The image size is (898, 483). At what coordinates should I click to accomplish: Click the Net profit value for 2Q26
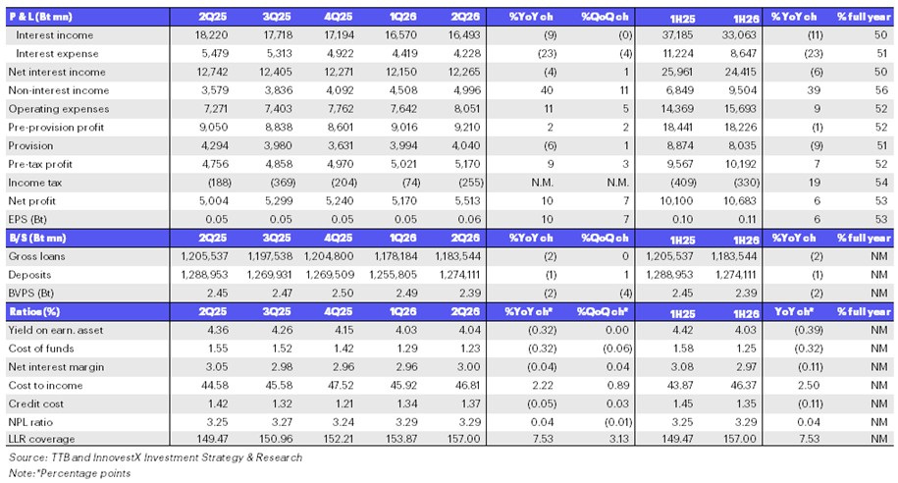click(467, 201)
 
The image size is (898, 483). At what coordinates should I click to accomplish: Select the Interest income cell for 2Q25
click(211, 35)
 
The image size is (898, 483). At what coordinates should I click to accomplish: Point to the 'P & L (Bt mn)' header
click(40, 17)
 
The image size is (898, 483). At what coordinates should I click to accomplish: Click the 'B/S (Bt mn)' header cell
click(38, 238)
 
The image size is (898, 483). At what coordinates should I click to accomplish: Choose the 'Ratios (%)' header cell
click(34, 311)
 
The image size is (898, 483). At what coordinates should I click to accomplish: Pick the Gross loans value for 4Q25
click(329, 256)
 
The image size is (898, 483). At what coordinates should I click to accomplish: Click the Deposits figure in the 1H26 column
click(734, 275)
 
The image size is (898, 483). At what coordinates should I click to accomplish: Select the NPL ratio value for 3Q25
click(279, 422)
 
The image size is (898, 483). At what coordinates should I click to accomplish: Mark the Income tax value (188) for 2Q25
click(219, 183)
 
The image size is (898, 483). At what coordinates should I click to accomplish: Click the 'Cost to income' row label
click(45, 386)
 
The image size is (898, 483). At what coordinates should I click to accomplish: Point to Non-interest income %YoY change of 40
click(547, 90)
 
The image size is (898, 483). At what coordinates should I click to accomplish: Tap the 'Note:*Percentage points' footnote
click(70, 473)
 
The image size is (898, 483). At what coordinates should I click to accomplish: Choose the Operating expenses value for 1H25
click(679, 109)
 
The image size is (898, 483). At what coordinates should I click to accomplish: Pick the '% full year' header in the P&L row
click(865, 17)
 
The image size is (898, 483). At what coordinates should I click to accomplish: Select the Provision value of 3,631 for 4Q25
click(341, 145)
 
